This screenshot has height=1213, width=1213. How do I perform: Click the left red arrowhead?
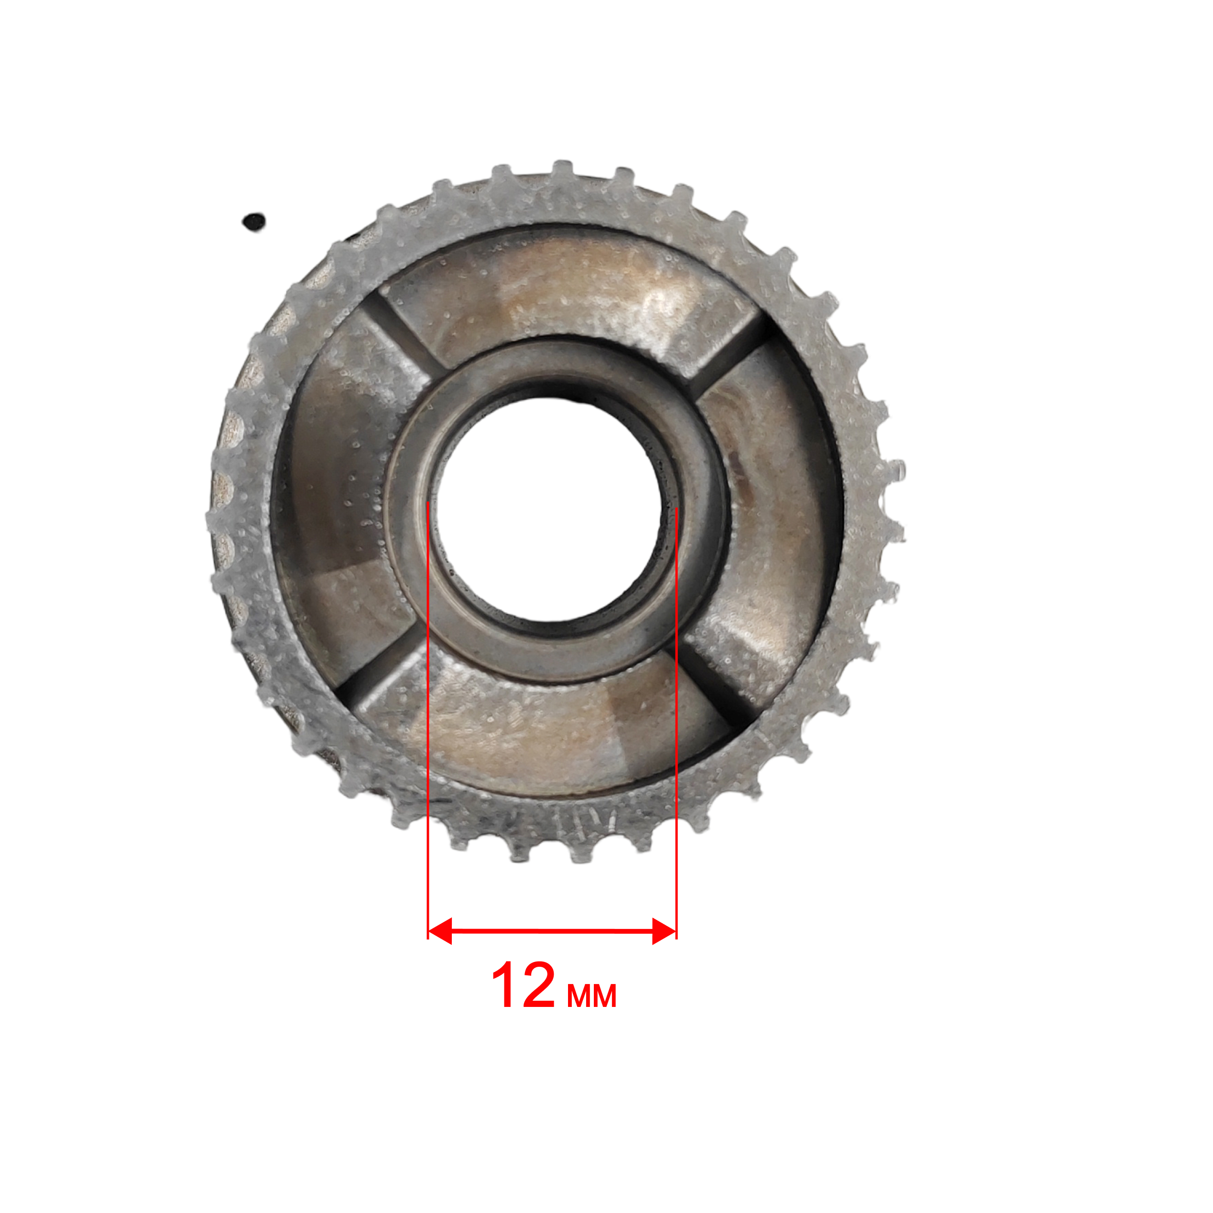tap(439, 930)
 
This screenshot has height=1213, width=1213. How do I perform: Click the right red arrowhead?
tap(664, 930)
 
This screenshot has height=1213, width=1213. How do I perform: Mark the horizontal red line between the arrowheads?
tap(552, 930)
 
